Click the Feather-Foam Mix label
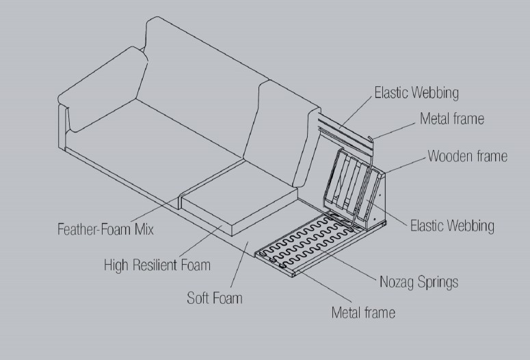[105, 229]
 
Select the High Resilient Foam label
[157, 265]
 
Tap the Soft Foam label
[215, 298]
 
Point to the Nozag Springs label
[419, 282]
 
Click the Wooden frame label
[468, 156]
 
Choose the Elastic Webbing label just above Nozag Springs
[452, 226]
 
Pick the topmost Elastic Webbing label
[416, 92]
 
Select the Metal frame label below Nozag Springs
[363, 312]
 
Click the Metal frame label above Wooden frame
[452, 118]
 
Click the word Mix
[144, 229]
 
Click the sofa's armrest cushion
[103, 89]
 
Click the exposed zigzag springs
[304, 241]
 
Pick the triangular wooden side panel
[375, 200]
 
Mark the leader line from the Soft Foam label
[239, 264]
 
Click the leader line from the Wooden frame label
[405, 166]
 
